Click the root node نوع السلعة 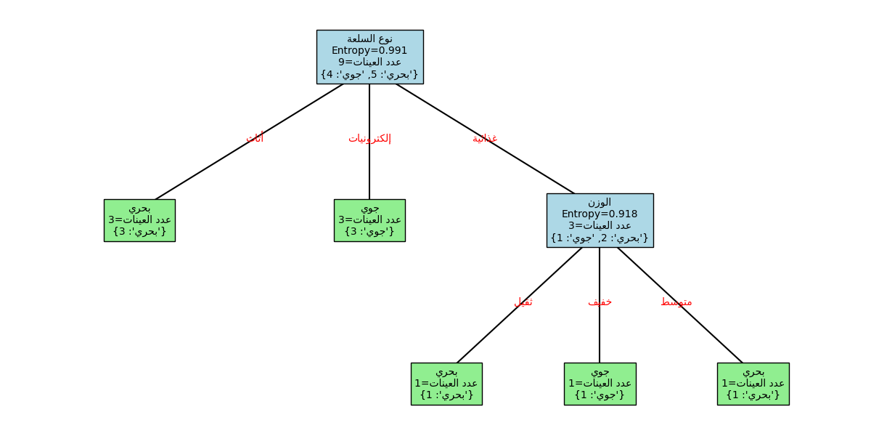pyautogui.click(x=369, y=57)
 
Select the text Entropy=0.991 pyautogui.click(x=369, y=50)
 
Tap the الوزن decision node pyautogui.click(x=600, y=220)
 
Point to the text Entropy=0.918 pyautogui.click(x=600, y=214)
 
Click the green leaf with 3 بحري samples pyautogui.click(x=139, y=220)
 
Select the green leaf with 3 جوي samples pyautogui.click(x=369, y=220)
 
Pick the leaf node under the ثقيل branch pyautogui.click(x=446, y=384)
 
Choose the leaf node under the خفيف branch pyautogui.click(x=600, y=384)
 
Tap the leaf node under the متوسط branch pyautogui.click(x=753, y=384)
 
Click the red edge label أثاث pyautogui.click(x=255, y=138)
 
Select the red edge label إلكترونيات pyautogui.click(x=369, y=138)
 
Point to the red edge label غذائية pyautogui.click(x=485, y=138)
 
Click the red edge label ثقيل pyautogui.click(x=523, y=302)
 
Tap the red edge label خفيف pyautogui.click(x=600, y=302)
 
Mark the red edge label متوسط pyautogui.click(x=676, y=302)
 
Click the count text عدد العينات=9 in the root pyautogui.click(x=369, y=62)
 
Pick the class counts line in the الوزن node pyautogui.click(x=600, y=238)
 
